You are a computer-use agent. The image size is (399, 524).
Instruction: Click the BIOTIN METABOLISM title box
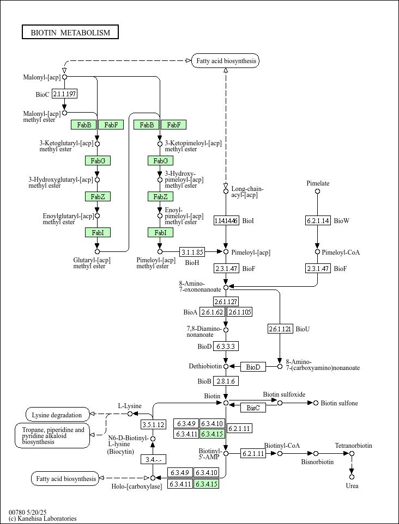click(x=70, y=33)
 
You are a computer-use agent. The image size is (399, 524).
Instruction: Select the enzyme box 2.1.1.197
click(x=64, y=94)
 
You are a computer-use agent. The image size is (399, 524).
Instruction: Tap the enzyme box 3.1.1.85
click(x=192, y=252)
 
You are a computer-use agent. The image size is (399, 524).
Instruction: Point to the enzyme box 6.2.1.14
click(x=317, y=220)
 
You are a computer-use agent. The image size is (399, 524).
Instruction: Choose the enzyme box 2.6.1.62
click(x=213, y=312)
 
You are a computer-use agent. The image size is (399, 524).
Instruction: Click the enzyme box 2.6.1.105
click(x=239, y=312)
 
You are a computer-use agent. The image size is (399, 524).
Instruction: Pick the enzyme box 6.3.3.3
click(x=226, y=346)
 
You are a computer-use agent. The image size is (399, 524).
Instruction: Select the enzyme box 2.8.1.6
click(x=226, y=381)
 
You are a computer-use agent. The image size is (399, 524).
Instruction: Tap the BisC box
click(x=253, y=408)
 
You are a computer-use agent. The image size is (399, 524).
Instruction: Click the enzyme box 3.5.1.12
click(x=153, y=424)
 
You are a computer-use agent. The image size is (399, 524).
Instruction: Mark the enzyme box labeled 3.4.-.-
click(x=153, y=460)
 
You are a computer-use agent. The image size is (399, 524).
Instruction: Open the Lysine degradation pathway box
click(x=57, y=415)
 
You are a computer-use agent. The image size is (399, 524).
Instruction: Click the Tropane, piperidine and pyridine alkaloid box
click(x=52, y=436)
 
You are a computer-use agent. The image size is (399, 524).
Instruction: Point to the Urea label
click(x=352, y=485)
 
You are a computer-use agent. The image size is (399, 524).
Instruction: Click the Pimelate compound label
click(x=318, y=183)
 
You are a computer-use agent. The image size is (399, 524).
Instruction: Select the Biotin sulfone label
click(x=339, y=403)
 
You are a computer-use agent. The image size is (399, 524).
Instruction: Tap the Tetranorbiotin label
click(x=353, y=446)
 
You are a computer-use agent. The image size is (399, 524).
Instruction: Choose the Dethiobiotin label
click(x=205, y=367)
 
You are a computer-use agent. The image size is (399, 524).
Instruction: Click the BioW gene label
click(x=341, y=220)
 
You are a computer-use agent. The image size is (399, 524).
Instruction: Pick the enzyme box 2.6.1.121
click(x=280, y=329)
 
